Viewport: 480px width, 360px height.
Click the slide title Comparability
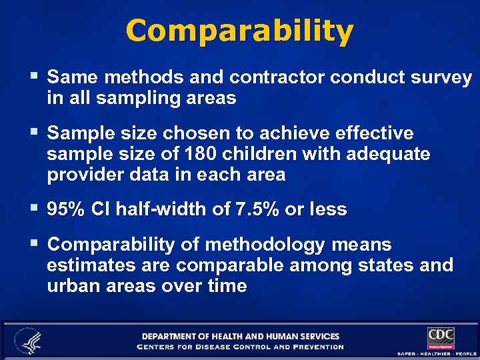tap(239, 31)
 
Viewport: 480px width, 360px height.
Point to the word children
tap(255, 155)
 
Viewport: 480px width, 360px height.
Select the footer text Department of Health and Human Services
tap(240, 336)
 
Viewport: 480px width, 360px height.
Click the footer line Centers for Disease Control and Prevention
tap(240, 347)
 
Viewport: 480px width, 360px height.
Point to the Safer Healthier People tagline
tap(437, 353)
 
